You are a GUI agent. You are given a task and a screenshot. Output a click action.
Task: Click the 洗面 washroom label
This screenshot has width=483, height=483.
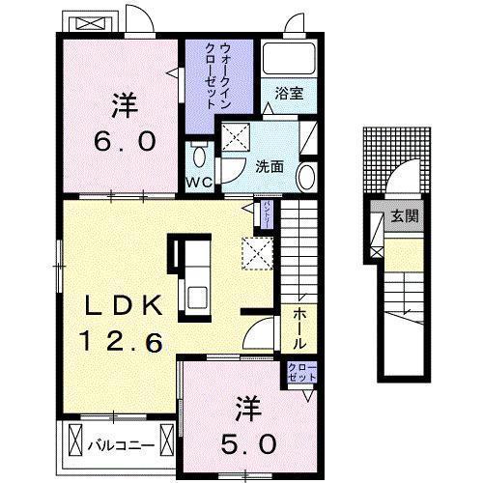point(270,166)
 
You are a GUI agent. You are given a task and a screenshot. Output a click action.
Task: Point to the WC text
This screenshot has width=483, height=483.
point(200,181)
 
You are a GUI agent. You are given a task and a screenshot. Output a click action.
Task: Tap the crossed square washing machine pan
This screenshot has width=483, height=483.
point(236,135)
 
